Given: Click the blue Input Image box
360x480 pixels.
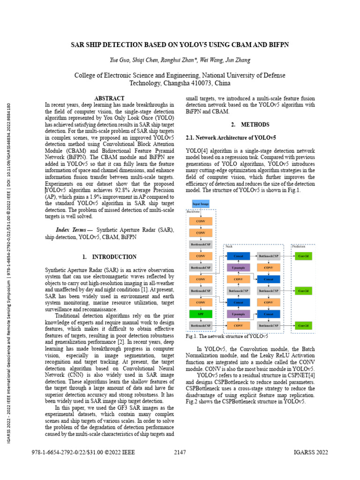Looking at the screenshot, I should click(201, 204).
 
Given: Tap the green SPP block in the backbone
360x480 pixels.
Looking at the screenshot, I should click(201, 314).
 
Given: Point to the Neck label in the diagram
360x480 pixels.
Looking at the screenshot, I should click(229, 246).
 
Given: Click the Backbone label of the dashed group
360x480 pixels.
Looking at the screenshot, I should click(194, 212).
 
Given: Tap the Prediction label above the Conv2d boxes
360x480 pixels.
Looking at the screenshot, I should click(299, 246).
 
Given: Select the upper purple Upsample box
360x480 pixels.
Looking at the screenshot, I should click(238, 267).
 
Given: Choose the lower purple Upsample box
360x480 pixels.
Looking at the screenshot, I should click(238, 314).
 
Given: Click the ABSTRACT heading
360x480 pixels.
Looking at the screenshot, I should click(109, 98).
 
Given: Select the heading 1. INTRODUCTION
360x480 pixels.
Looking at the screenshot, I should click(109, 257).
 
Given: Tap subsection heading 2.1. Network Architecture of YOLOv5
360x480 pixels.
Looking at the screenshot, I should click(231, 138).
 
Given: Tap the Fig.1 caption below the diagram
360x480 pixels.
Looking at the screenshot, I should click(227, 336).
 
